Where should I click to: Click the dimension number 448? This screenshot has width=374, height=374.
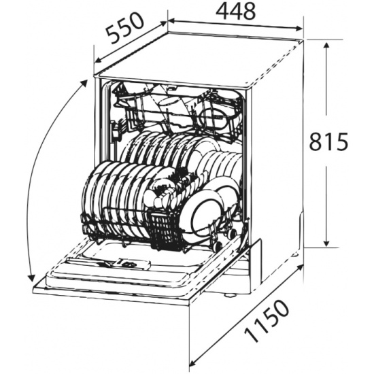click(x=236, y=12)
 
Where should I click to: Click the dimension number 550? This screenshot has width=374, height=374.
click(x=126, y=28)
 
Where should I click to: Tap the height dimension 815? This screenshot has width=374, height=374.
click(x=328, y=141)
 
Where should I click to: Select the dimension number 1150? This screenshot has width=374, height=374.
click(x=267, y=321)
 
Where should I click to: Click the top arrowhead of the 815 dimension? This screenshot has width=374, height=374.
click(x=326, y=46)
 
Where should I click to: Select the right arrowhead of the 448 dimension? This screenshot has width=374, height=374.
click(x=299, y=29)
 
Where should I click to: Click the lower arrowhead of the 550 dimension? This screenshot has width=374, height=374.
click(x=97, y=60)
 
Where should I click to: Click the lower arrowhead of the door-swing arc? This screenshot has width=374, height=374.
click(x=31, y=278)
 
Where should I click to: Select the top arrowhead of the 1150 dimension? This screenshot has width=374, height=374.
click(x=299, y=268)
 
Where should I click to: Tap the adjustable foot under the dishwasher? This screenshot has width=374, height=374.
click(x=228, y=295)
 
